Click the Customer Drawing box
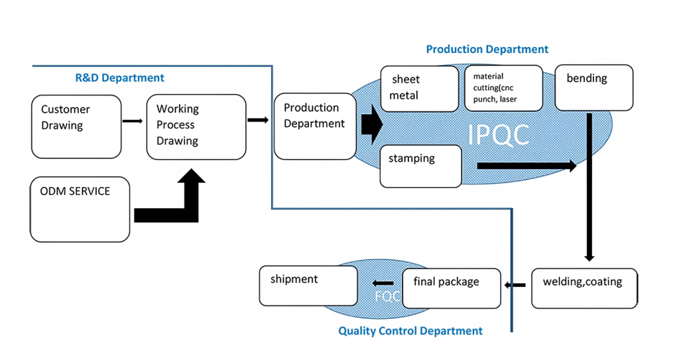(76, 127)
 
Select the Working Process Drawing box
(196, 127)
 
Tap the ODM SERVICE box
(80, 210)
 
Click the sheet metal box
(419, 89)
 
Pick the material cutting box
(504, 88)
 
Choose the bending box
(593, 88)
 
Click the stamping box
(420, 166)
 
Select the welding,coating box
(584, 288)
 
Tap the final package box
(451, 288)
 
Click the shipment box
(308, 286)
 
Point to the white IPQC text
(499, 135)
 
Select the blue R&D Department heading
(119, 78)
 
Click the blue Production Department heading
(487, 49)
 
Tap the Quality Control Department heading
(410, 331)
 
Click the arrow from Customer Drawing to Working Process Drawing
(133, 121)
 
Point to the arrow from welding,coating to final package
(515, 285)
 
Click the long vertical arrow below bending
(589, 187)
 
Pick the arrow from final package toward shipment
(383, 283)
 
